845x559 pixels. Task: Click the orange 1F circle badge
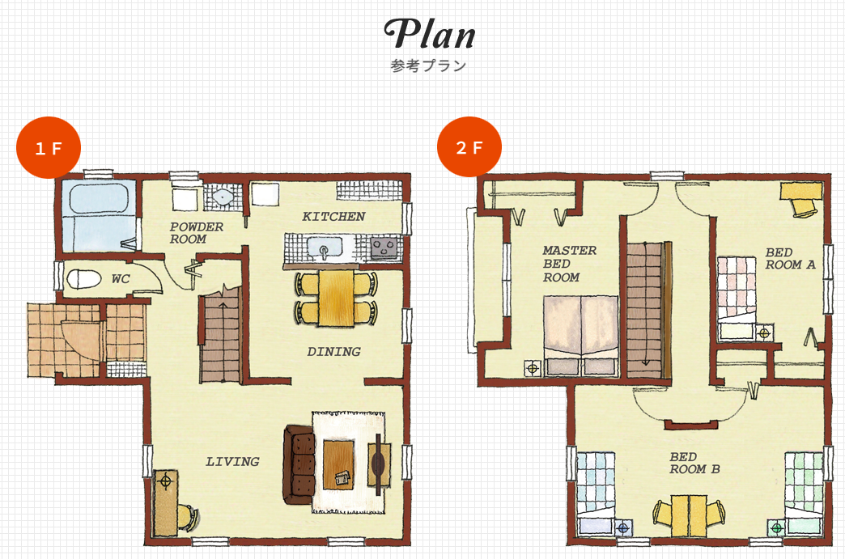click(x=49, y=147)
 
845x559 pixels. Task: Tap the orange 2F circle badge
click(x=469, y=146)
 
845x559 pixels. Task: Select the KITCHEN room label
click(x=333, y=217)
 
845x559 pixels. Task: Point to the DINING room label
click(x=333, y=352)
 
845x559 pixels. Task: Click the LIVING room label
click(x=232, y=462)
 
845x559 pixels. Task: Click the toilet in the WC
click(x=83, y=279)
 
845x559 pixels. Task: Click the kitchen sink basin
click(x=325, y=248)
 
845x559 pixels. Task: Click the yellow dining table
click(x=336, y=298)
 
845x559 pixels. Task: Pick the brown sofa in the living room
click(x=299, y=465)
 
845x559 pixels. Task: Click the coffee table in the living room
click(x=338, y=465)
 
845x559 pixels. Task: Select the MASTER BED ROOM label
click(x=569, y=264)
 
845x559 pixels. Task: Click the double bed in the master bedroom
click(x=580, y=335)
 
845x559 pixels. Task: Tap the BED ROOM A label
click(x=790, y=259)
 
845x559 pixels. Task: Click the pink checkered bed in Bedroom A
click(x=737, y=298)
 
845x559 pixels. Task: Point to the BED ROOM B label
click(x=694, y=464)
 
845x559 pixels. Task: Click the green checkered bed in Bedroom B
click(x=803, y=493)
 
